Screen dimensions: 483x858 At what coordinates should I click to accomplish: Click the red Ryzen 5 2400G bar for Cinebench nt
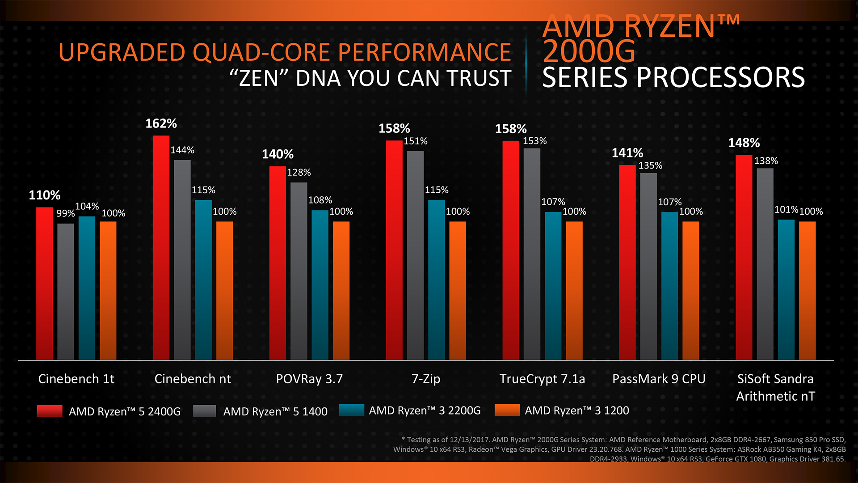pos(161,248)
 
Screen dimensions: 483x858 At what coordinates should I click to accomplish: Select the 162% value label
pos(161,123)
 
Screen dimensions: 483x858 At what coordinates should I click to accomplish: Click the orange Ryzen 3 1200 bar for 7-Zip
pos(458,291)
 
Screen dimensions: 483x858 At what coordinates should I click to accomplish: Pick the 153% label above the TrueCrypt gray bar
pos(534,141)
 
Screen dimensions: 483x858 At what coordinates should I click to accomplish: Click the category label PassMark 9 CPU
pos(659,379)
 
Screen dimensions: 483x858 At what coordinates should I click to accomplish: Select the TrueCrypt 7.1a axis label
pos(542,379)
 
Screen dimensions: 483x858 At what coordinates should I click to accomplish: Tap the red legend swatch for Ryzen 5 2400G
pos(50,411)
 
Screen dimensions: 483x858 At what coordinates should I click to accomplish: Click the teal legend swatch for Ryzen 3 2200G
pos(351,410)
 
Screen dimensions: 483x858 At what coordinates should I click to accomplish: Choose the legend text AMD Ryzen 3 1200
pos(576,411)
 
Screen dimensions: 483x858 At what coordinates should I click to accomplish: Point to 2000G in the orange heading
pos(589,51)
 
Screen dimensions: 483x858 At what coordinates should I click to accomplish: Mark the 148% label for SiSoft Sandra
pos(744,143)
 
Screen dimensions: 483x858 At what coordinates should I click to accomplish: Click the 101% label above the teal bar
pos(786,209)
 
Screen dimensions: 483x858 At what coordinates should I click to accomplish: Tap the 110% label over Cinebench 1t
pos(44,195)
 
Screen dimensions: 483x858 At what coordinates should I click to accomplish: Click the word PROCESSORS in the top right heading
pos(720,77)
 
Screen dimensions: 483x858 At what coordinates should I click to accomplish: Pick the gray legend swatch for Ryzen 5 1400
pos(205,411)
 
